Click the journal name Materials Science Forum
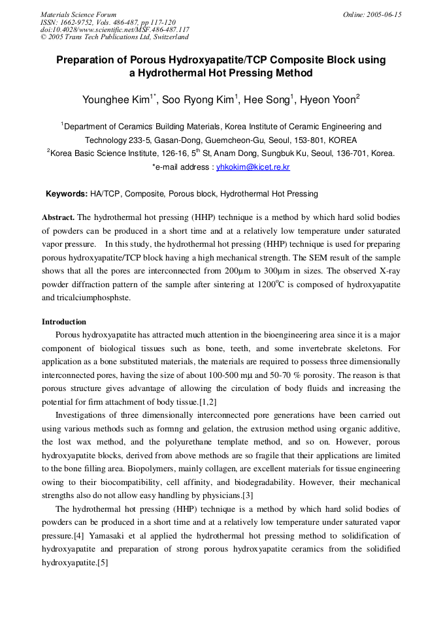pos(78,14)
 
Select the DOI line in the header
pos(115,29)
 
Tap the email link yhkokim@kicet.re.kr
pos(253,168)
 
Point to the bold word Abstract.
pos(58,216)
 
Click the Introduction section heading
pos(64,322)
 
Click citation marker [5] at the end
pos(103,562)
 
